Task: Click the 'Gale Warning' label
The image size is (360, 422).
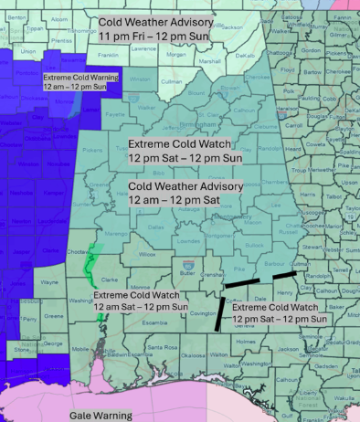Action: [101, 415]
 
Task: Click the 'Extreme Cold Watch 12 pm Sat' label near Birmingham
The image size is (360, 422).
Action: [188, 150]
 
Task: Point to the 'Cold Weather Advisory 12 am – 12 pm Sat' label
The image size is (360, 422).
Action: [185, 191]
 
